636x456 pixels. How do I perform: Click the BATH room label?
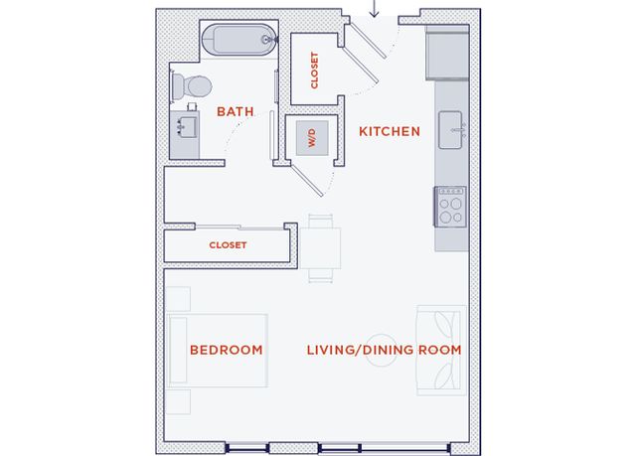point(236,111)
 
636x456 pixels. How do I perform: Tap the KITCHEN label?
point(390,131)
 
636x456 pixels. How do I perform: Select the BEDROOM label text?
point(227,350)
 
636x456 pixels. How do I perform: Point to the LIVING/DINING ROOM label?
point(384,350)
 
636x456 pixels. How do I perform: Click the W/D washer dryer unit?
point(312,138)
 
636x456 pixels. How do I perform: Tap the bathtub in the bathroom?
point(239,40)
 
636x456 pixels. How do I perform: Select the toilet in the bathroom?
point(192,85)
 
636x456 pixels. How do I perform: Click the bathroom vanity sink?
point(187,127)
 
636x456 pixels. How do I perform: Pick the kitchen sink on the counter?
point(451,130)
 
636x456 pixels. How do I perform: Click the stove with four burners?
point(450,207)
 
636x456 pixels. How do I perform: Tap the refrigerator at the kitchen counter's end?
point(447,53)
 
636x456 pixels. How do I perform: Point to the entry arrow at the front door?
point(374,9)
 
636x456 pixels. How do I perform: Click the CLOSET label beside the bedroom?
point(228,244)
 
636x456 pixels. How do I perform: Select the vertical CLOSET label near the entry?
point(314,71)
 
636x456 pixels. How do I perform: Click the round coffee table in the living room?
point(381,351)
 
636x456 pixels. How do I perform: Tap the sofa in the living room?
point(441,351)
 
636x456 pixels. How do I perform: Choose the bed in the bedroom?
point(217,351)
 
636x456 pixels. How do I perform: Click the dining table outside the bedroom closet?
point(320,248)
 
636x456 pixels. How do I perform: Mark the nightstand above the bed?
point(178,299)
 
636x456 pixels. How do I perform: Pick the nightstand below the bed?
point(178,401)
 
